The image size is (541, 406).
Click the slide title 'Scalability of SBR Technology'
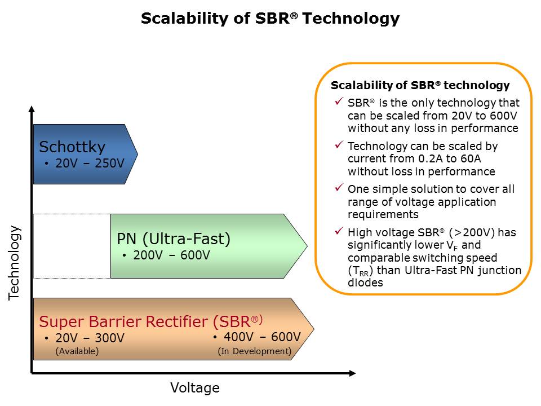coord(270,19)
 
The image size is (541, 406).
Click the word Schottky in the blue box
coord(72,147)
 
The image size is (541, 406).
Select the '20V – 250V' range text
coord(90,164)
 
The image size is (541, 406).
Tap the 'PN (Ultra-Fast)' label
coord(174,239)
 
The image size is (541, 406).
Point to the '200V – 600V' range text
coord(171,255)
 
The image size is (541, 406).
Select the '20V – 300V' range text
coord(90,338)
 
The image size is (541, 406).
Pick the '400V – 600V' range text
coord(262,337)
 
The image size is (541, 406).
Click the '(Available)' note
coord(77,351)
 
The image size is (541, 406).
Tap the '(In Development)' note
coord(255,351)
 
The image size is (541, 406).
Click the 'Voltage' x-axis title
coord(194,388)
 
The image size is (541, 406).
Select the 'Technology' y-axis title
coord(15,262)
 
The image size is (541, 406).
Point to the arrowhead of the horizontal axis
coord(352,373)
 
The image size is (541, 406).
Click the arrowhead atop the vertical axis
coord(32,109)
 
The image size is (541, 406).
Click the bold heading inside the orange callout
coord(420,86)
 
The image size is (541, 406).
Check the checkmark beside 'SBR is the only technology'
coord(339,101)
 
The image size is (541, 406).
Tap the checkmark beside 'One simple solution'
coord(339,187)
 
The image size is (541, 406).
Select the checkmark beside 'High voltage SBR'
coord(339,231)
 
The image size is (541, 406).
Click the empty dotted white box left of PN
coord(72,246)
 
